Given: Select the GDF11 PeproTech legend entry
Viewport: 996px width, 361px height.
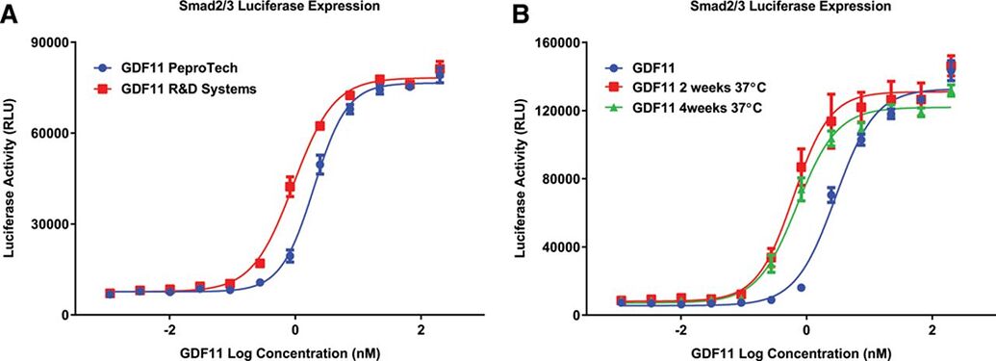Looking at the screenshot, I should pos(168,68).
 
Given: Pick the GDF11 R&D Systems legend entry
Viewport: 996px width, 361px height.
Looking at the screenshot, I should pos(178,88).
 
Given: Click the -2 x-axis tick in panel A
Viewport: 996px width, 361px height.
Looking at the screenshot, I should pos(169,330).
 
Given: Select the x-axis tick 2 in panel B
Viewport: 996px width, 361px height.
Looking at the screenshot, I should pos(932,330).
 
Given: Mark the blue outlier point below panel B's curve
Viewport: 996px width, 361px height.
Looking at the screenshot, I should pos(801,288).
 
